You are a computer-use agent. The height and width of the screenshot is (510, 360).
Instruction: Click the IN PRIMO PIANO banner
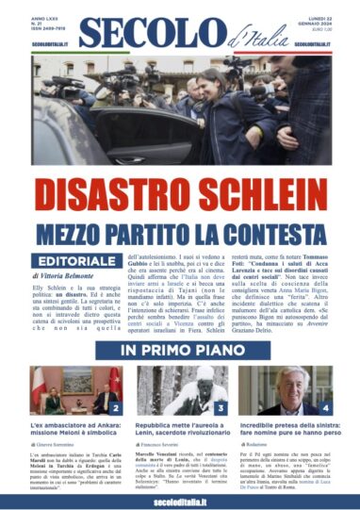[x=180, y=351]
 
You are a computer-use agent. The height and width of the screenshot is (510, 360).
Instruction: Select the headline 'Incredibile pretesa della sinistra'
[x=286, y=429]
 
